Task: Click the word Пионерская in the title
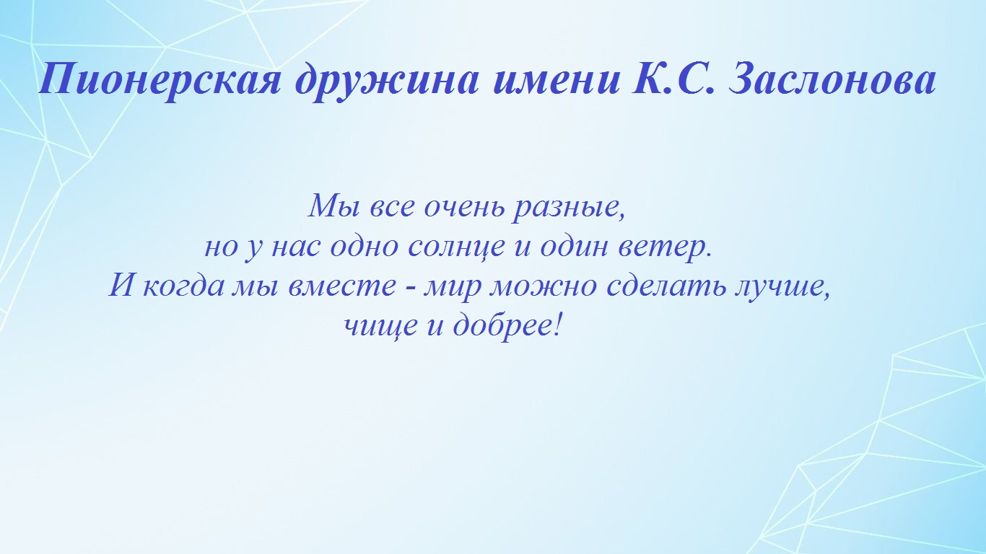click(160, 79)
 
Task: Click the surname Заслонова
click(832, 79)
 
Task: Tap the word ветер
click(665, 247)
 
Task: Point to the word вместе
click(342, 286)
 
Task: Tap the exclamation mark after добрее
click(558, 325)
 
